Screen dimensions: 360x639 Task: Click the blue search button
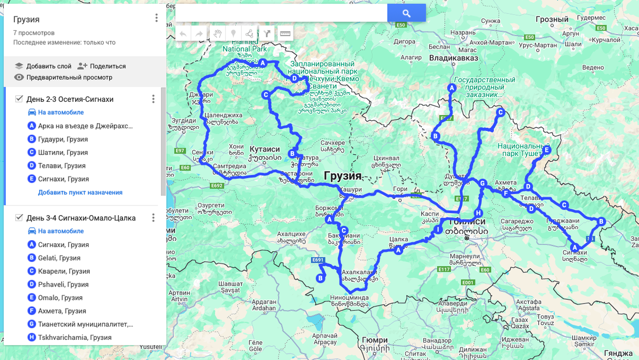click(x=406, y=13)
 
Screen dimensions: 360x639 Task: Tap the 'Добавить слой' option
click(x=48, y=66)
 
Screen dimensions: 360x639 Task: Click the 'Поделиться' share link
click(x=108, y=66)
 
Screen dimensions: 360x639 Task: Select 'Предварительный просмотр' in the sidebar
click(x=69, y=77)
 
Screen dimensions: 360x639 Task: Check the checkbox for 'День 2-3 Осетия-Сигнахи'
click(x=19, y=99)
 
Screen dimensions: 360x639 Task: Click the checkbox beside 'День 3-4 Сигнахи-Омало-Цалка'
click(x=19, y=218)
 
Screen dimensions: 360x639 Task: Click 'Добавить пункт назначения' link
click(x=80, y=192)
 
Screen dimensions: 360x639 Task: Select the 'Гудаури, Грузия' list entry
click(x=63, y=139)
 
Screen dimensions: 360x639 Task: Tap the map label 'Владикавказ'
click(x=454, y=58)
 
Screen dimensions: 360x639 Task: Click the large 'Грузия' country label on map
click(x=342, y=176)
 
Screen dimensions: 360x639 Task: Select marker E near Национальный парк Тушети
click(x=546, y=150)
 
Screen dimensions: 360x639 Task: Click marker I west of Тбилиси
click(x=438, y=230)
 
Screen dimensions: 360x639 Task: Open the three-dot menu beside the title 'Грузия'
click(x=157, y=18)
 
